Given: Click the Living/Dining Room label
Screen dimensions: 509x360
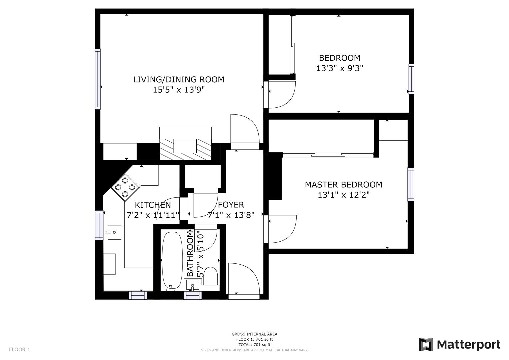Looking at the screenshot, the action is coord(179,80).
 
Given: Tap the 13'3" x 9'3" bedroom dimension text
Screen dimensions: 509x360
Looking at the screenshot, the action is coord(339,68).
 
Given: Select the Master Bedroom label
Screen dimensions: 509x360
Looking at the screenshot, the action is coord(343,185).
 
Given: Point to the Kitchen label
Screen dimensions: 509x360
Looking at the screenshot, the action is coord(153,205).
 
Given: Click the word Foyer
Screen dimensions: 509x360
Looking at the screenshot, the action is coord(231,205).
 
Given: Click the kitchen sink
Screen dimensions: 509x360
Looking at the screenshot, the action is coord(114,232).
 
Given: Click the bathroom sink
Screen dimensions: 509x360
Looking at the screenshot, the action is coord(192,285).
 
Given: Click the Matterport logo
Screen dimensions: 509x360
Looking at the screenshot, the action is coord(460,344).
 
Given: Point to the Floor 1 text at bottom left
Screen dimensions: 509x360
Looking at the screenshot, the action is coord(19,350).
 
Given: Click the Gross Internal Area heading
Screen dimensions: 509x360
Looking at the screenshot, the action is coord(254,334).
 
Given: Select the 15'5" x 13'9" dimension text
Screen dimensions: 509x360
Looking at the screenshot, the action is coord(179,90).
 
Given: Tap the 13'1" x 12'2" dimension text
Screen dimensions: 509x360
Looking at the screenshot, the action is coord(343,195).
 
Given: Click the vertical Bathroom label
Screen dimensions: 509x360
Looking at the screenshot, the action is coord(190,254).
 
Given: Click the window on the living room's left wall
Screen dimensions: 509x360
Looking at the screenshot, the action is coord(98,79).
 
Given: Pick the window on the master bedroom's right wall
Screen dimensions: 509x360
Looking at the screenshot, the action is coord(411,184).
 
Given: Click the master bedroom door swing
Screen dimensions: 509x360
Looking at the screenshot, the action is coord(282,229).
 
